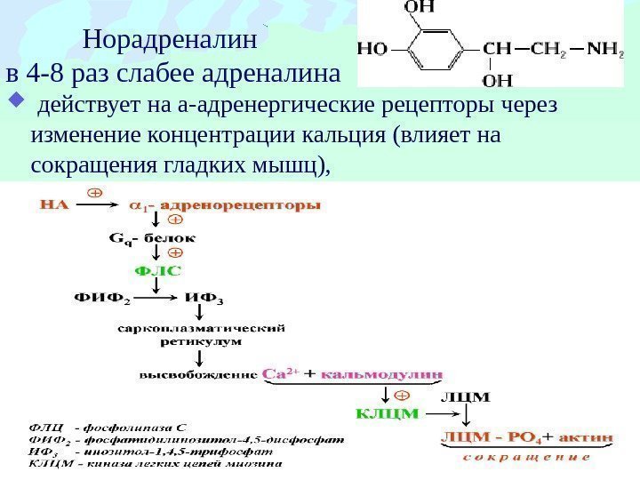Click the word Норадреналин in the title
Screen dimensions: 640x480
tap(169, 40)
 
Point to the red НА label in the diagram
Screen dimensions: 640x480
tap(54, 204)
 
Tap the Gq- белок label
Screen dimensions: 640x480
tap(153, 238)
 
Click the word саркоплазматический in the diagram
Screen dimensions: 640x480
tap(201, 326)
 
